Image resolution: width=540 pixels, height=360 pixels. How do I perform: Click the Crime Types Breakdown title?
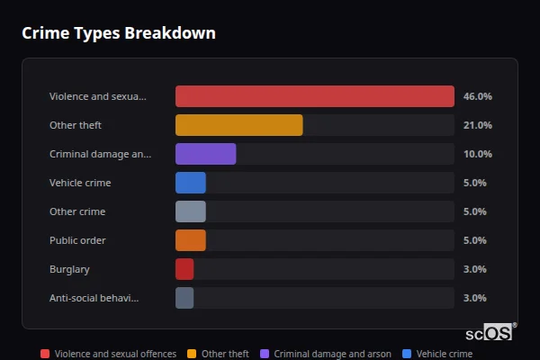click(x=119, y=33)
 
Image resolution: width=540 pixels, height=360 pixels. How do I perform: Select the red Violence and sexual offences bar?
click(x=314, y=96)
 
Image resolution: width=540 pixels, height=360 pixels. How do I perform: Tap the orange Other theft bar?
click(x=238, y=125)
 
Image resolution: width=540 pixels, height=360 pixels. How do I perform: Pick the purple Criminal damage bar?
click(x=205, y=154)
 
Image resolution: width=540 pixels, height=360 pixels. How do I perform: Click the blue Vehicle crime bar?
click(x=191, y=183)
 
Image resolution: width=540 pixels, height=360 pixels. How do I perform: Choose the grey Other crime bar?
click(x=191, y=211)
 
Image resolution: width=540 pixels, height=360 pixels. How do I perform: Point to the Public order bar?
click(x=191, y=240)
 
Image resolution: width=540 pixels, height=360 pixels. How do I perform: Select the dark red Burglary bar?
click(x=184, y=269)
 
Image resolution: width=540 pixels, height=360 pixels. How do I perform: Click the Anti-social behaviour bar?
click(x=184, y=298)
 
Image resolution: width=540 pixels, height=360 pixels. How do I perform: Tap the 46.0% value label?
click(x=477, y=96)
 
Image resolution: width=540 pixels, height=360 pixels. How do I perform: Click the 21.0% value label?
click(x=477, y=125)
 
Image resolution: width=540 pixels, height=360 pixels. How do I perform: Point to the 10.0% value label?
click(x=477, y=154)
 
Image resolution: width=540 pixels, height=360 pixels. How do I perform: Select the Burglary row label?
click(x=69, y=269)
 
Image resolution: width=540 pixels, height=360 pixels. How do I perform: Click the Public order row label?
click(x=77, y=240)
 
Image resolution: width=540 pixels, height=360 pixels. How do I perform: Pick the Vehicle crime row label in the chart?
click(x=80, y=183)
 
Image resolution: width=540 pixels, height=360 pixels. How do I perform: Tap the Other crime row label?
click(x=77, y=211)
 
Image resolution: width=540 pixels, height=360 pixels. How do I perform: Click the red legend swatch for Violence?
click(x=45, y=354)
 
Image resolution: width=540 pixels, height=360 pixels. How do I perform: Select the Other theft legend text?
click(x=225, y=354)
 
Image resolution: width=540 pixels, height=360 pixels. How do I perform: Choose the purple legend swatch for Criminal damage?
click(x=265, y=354)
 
